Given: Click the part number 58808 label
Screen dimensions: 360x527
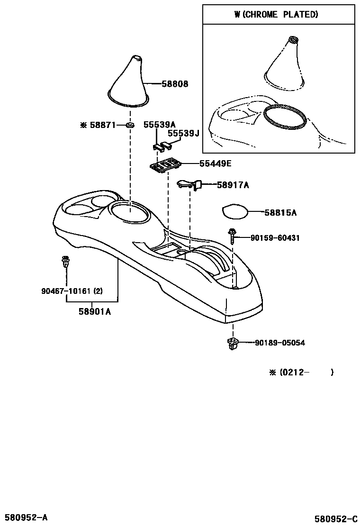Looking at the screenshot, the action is tap(175, 84).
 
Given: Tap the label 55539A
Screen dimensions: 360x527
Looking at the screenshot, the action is tap(160, 125).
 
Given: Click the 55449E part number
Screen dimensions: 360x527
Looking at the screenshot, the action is tap(215, 164).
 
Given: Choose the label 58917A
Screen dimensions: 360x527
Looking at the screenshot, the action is tap(233, 185).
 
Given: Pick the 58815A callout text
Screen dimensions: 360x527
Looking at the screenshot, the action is tap(280, 213).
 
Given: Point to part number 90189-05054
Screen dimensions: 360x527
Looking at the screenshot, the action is tap(279, 343).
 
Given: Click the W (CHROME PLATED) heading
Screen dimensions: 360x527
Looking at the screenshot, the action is tap(276, 15).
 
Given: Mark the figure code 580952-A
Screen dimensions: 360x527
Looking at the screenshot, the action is tap(26, 517).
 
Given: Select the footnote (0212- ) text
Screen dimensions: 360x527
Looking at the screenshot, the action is tap(301, 373).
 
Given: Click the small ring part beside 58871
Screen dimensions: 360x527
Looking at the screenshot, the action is tap(129, 125).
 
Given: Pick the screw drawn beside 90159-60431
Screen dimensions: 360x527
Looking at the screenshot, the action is tap(232, 236).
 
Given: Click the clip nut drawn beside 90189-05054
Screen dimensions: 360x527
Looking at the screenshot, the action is tap(232, 343).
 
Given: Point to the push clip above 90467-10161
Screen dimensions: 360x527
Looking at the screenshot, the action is tap(65, 262).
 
